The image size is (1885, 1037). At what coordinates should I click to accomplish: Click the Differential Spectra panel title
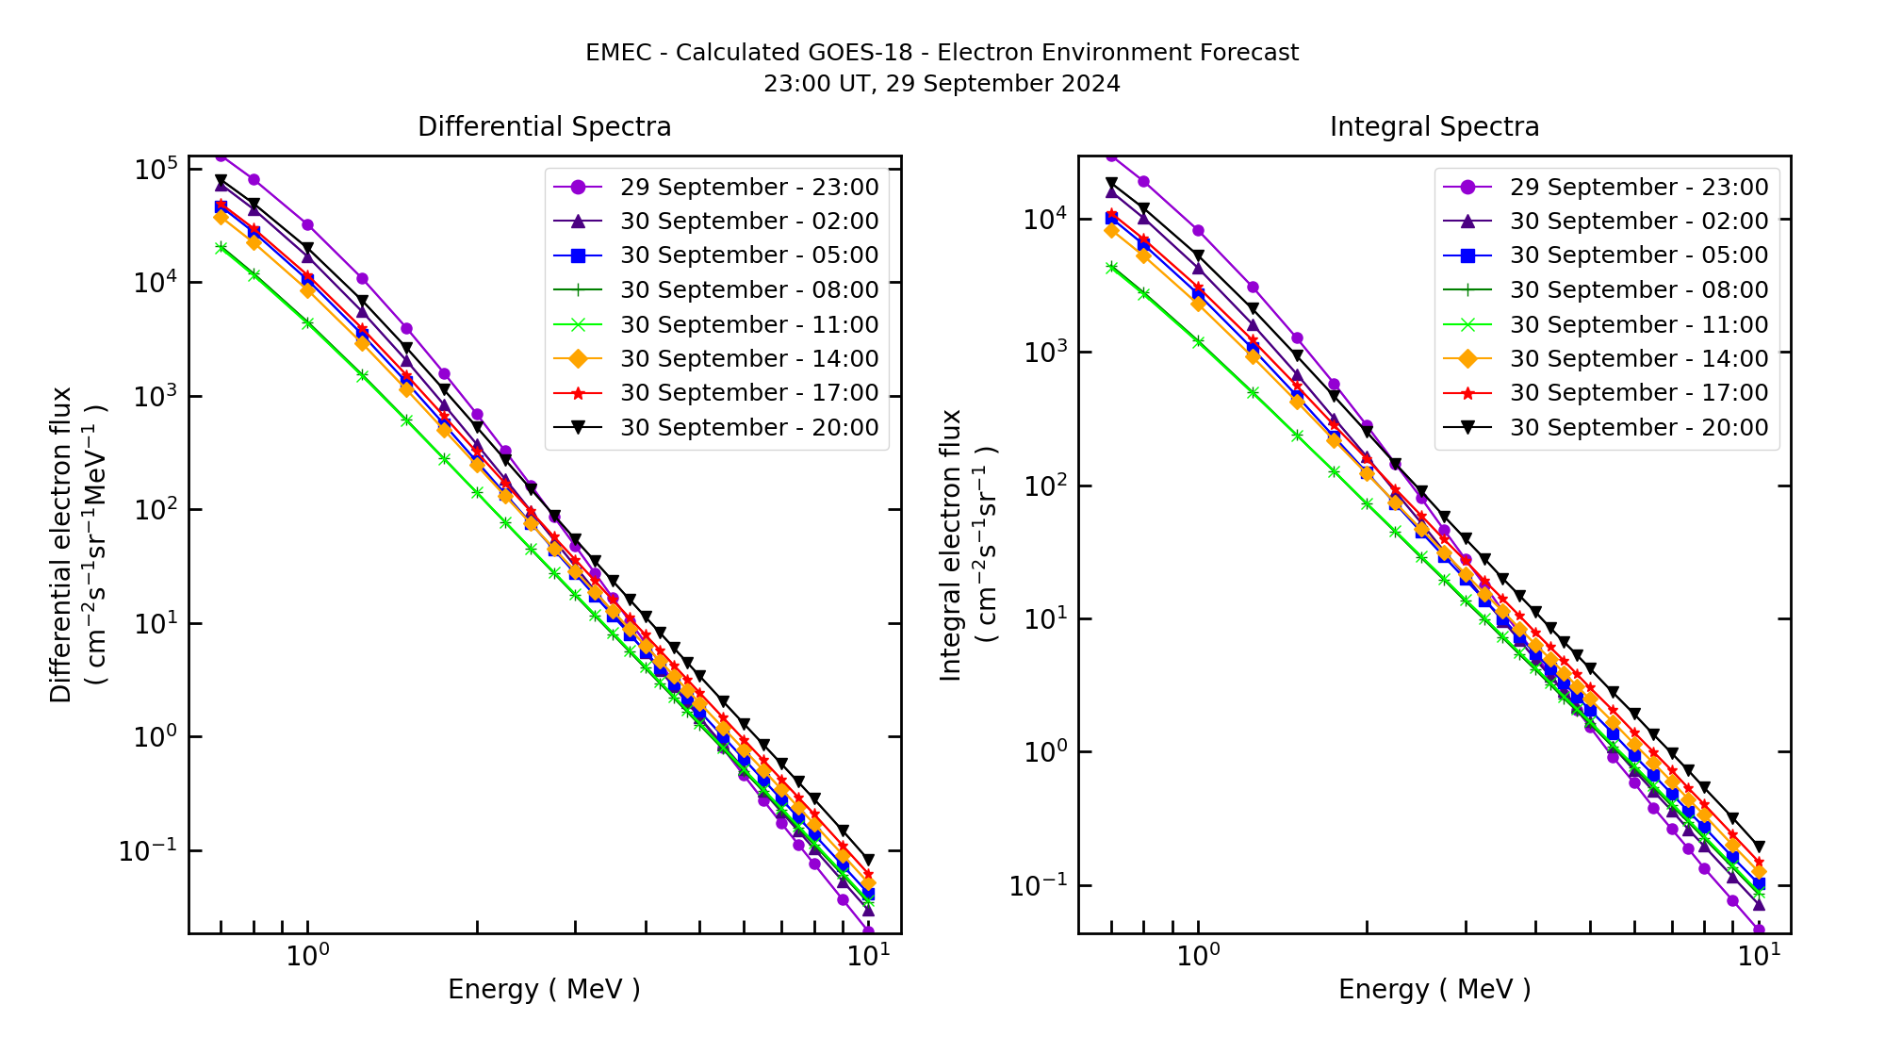(544, 126)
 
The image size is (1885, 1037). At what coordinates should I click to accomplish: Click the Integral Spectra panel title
(1434, 126)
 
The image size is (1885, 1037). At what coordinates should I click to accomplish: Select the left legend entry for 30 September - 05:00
(748, 255)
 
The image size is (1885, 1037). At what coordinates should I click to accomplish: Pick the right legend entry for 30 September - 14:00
(1638, 359)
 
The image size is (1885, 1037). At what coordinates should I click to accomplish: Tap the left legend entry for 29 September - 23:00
(748, 188)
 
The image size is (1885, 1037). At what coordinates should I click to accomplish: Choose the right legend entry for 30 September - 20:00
(1638, 428)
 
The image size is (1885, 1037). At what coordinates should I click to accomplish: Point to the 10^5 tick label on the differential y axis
(156, 170)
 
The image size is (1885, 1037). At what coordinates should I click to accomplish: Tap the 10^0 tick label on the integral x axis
(1198, 955)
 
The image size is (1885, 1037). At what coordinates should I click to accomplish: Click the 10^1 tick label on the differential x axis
(868, 955)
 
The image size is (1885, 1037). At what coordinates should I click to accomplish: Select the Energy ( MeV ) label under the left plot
(544, 989)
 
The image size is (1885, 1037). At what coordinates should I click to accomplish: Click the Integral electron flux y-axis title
(951, 545)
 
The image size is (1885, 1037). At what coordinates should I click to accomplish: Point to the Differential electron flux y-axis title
(61, 545)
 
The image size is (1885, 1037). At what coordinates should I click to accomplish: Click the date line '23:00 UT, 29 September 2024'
(942, 84)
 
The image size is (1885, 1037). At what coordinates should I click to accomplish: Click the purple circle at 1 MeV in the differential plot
(307, 225)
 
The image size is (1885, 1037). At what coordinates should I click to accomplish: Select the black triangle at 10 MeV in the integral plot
(1759, 847)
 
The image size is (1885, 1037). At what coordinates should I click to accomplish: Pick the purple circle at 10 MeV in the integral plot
(1759, 930)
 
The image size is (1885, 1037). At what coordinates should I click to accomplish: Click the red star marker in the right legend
(1467, 393)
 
